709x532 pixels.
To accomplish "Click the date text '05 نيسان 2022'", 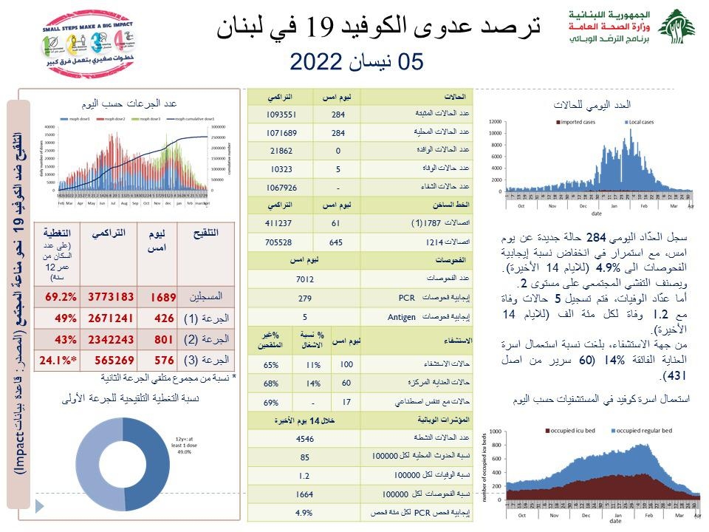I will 357,62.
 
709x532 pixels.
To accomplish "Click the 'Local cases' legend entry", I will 647,122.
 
